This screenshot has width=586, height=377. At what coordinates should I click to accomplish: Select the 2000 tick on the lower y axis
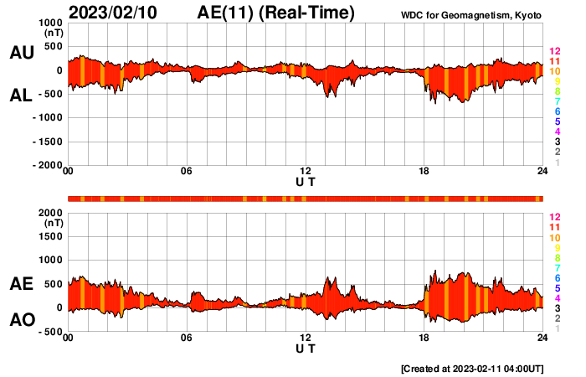[x=50, y=213]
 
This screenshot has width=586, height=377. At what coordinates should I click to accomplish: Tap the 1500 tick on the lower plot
[x=50, y=237]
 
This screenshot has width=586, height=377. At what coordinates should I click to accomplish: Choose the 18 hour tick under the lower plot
[x=424, y=338]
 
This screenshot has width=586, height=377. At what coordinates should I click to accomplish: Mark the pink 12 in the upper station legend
[x=554, y=52]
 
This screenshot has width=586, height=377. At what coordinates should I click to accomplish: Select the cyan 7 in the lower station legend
[x=556, y=267]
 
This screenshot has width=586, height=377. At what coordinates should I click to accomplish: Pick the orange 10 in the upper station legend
[x=554, y=71]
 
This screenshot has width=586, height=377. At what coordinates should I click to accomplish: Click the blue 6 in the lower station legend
[x=556, y=277]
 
